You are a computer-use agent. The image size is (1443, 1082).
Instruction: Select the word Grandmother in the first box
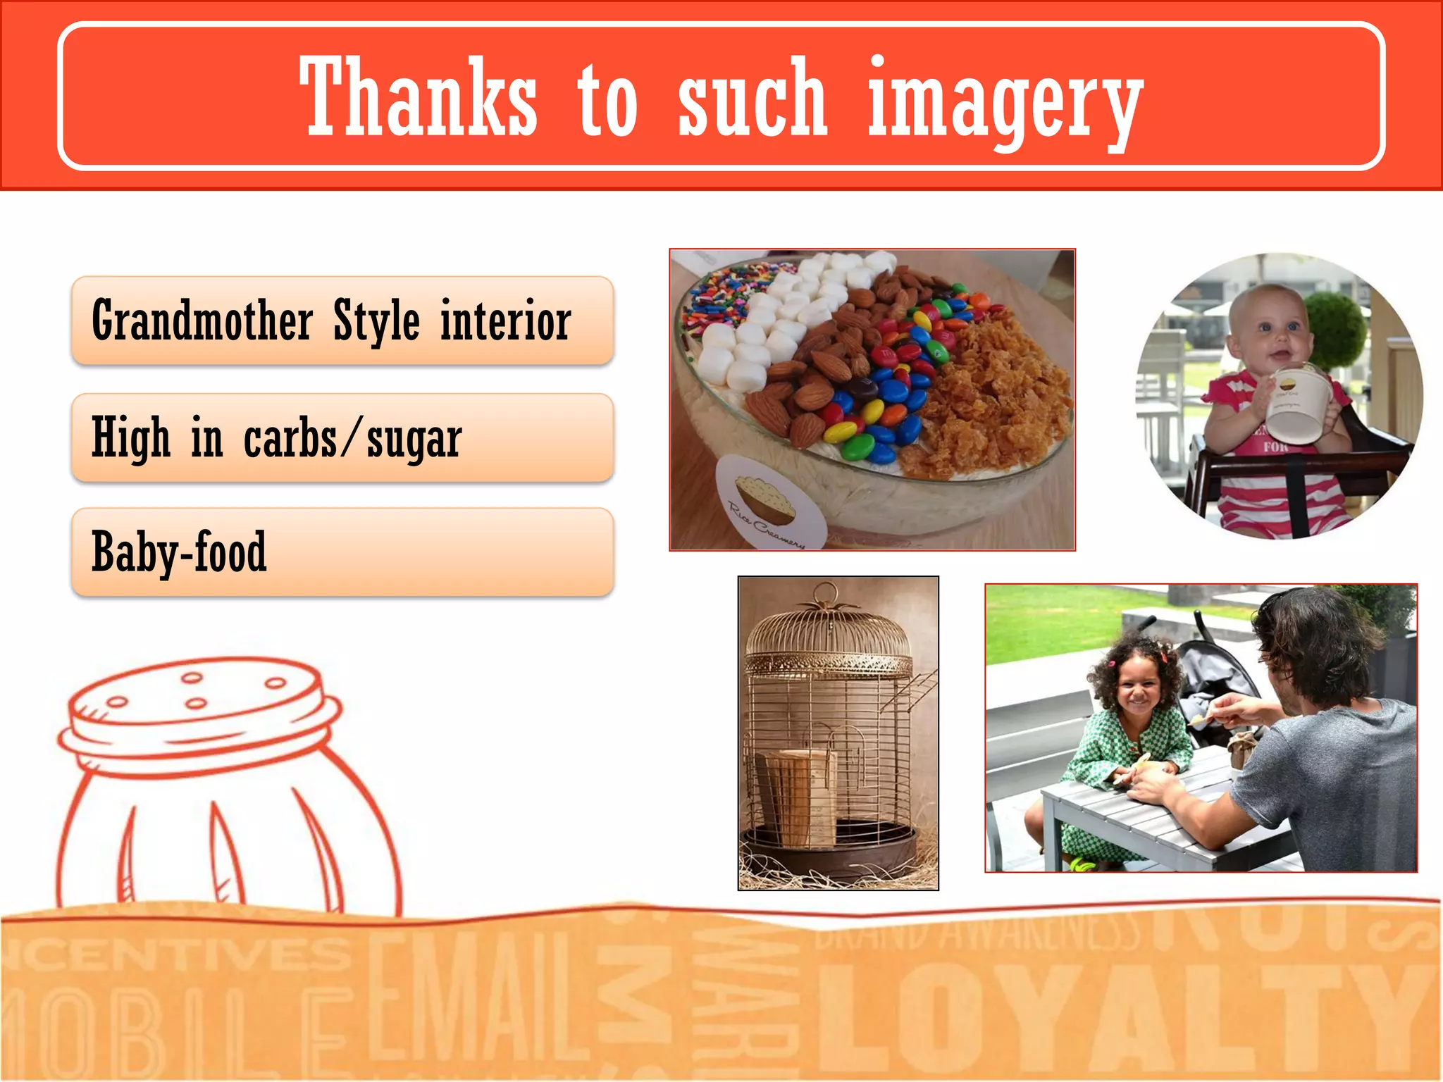point(202,321)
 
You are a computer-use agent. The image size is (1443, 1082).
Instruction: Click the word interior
point(505,321)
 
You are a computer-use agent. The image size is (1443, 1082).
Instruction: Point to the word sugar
point(414,439)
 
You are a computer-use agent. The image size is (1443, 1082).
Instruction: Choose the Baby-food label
point(179,552)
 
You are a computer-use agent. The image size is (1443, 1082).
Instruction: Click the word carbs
point(290,439)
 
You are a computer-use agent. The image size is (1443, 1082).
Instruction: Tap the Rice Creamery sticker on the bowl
point(769,502)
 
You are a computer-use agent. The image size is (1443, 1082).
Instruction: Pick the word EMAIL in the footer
point(479,993)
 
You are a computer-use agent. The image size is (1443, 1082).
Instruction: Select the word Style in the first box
point(376,321)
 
